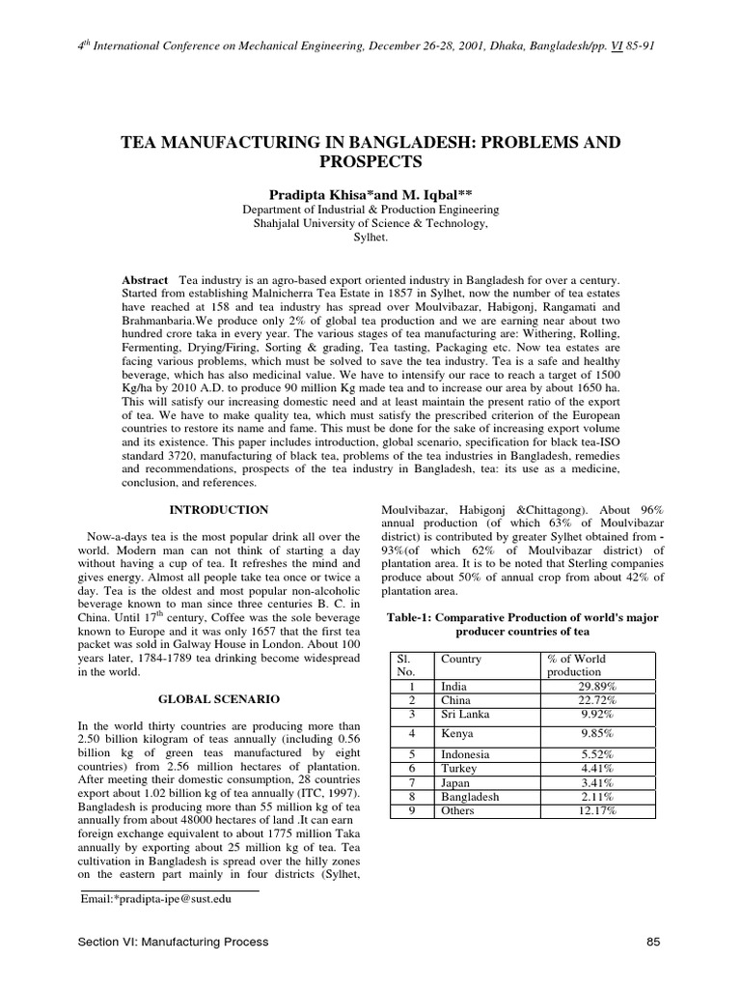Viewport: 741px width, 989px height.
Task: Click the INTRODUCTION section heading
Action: click(x=219, y=510)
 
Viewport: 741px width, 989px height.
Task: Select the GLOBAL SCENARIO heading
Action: click(x=219, y=697)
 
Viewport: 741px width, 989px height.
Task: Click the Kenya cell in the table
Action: click(x=454, y=734)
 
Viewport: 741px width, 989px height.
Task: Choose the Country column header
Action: click(x=460, y=659)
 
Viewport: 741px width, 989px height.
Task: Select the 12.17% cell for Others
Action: click(x=598, y=811)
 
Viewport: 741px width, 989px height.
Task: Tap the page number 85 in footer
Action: click(x=649, y=941)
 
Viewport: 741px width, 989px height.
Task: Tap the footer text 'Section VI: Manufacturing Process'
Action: click(x=174, y=941)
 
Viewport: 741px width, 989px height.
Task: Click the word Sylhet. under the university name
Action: click(x=370, y=236)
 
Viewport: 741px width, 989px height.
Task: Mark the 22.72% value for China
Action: click(x=598, y=700)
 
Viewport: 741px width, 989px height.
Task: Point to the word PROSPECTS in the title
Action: click(x=370, y=160)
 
